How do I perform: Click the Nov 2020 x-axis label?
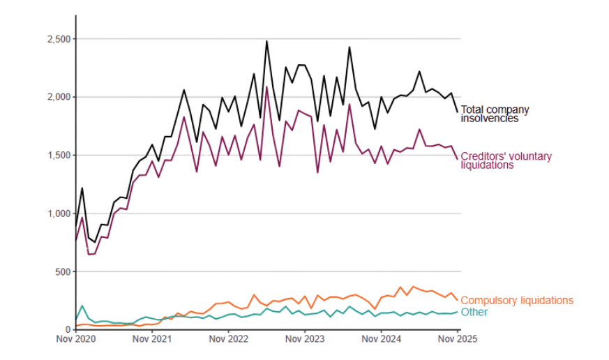(x=76, y=340)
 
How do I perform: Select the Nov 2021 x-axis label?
(x=152, y=340)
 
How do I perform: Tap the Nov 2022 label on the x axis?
(x=228, y=340)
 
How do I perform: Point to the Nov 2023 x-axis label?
(x=305, y=340)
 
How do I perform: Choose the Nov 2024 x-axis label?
(x=381, y=340)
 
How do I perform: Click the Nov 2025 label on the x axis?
(x=458, y=340)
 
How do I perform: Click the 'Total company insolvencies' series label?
(x=495, y=114)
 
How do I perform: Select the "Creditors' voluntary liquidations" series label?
(x=506, y=160)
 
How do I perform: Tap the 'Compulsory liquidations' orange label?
(x=517, y=300)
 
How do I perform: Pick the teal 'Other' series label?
(x=474, y=312)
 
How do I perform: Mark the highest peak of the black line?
(x=266, y=41)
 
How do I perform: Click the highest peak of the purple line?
(x=266, y=87)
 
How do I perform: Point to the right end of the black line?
(x=458, y=112)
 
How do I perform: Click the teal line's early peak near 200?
(x=82, y=306)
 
